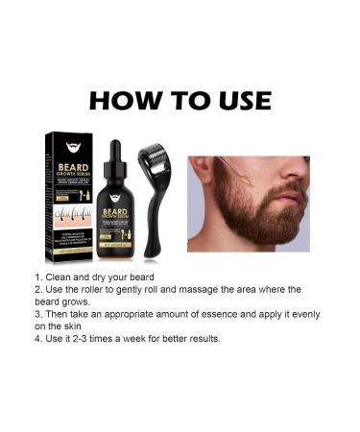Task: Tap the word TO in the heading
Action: tap(183, 101)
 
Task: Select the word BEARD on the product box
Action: tap(75, 163)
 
